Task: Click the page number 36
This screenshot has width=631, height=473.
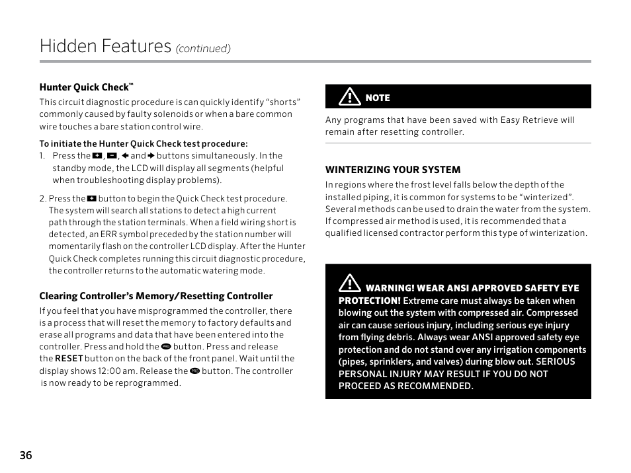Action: pos(26,455)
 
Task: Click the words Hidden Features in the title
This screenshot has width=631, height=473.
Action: pos(105,46)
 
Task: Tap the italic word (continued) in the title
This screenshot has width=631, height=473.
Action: pos(202,49)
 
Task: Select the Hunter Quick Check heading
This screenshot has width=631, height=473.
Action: pos(86,87)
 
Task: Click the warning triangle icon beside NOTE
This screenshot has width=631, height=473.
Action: pos(349,97)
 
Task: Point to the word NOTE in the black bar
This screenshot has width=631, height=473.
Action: pos(378,98)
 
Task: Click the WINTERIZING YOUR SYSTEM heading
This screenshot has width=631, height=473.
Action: pos(392,170)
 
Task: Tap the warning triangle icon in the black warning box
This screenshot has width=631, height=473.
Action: pos(349,285)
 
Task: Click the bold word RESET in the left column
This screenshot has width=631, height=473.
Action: pos(69,359)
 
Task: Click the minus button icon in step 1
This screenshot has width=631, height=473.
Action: pos(111,156)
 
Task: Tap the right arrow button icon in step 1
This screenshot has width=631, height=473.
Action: pos(151,156)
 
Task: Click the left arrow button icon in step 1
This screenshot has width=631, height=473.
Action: pos(124,156)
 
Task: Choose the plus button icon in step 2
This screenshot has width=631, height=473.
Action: pos(92,198)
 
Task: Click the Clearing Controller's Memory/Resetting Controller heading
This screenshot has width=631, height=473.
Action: pos(155,296)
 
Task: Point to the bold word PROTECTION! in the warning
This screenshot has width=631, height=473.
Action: pos(369,301)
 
